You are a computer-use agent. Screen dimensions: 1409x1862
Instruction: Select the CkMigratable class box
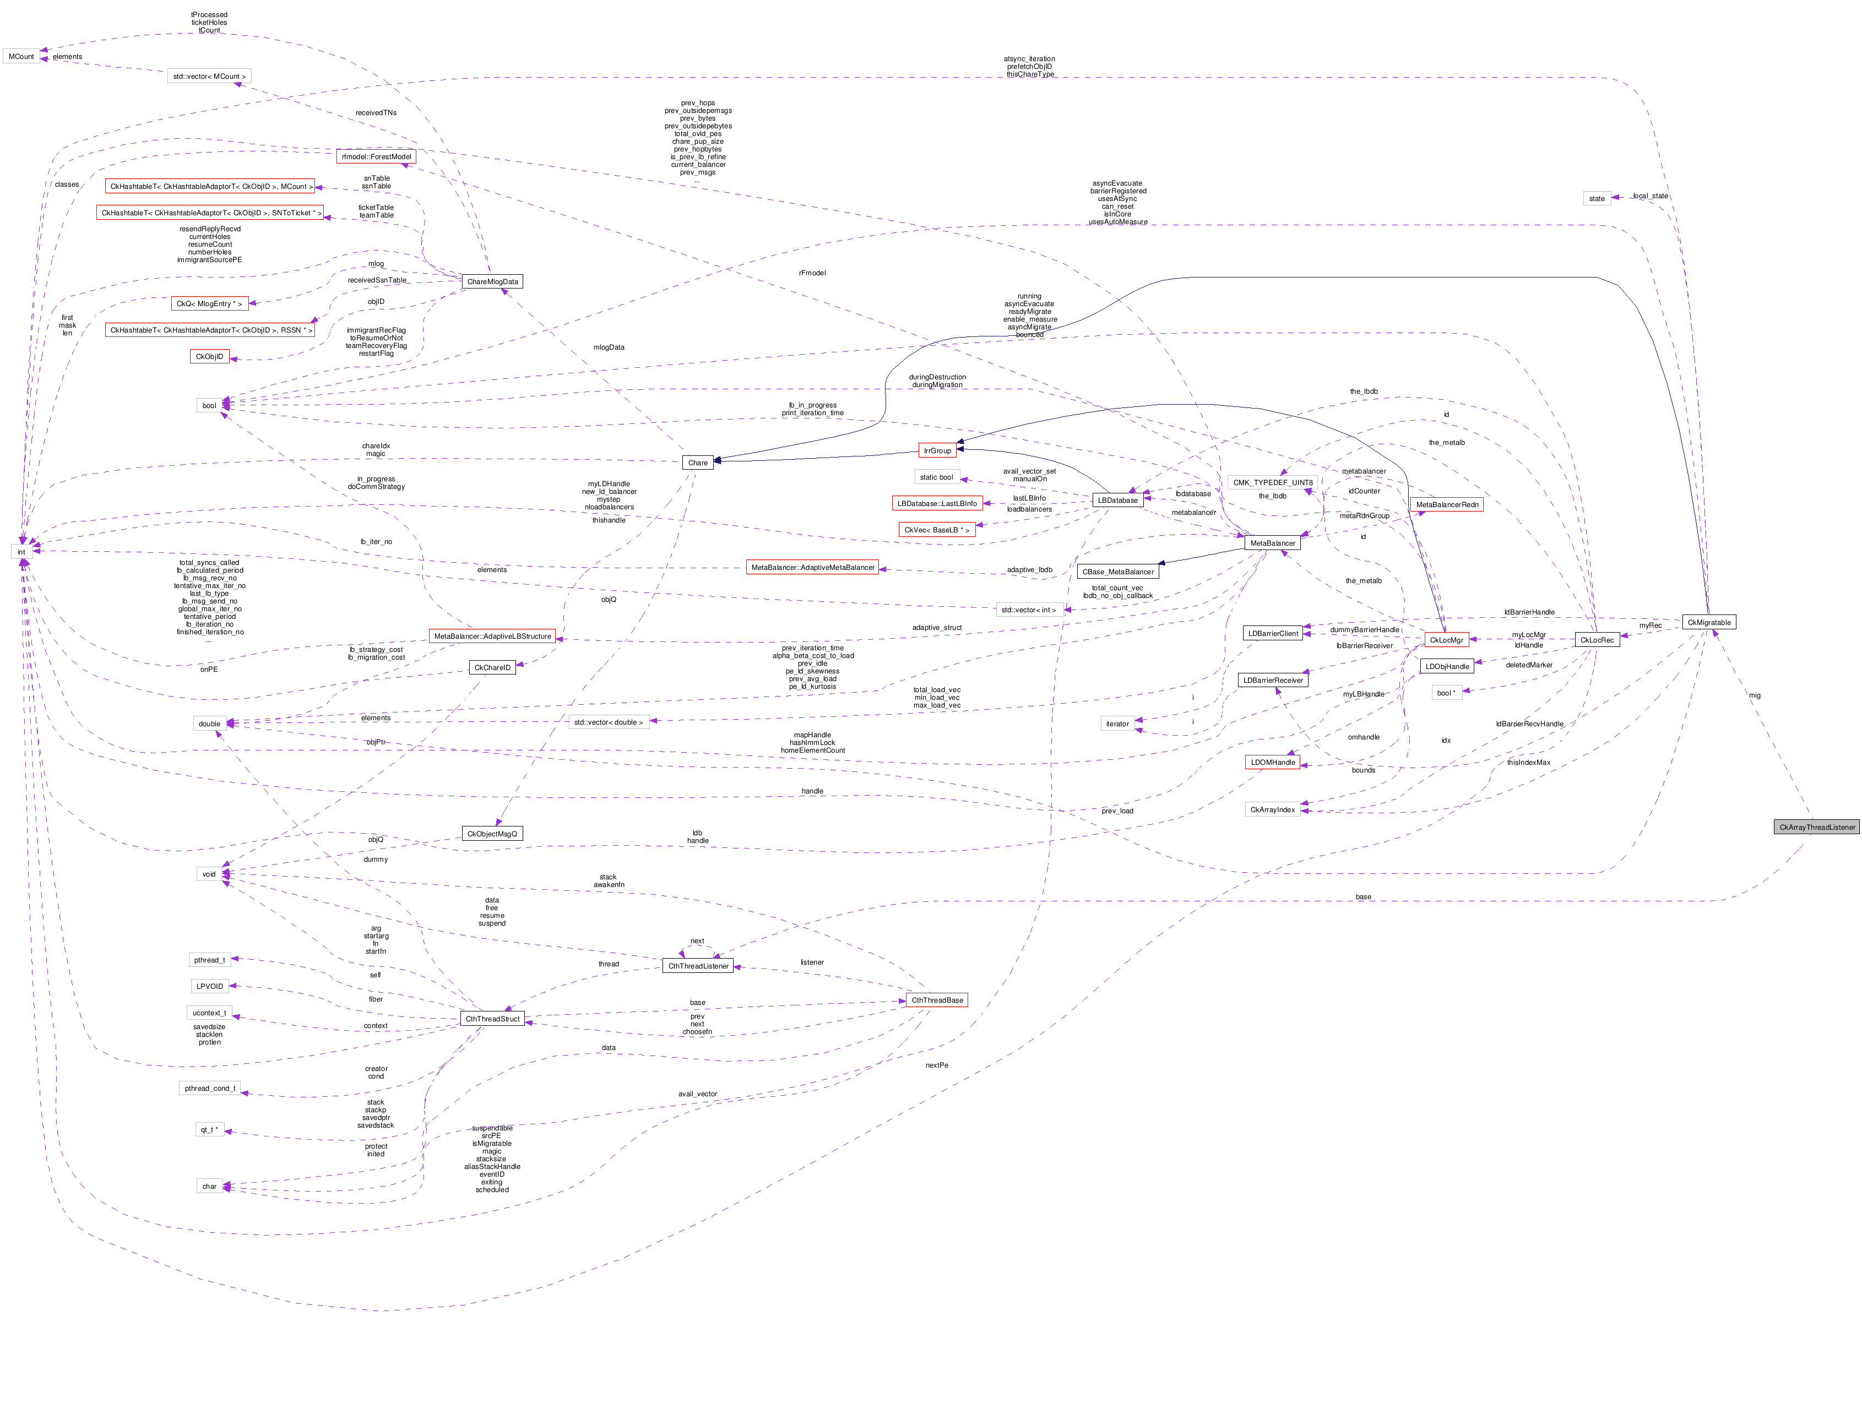(1709, 622)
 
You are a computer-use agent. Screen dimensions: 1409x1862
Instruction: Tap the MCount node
(21, 56)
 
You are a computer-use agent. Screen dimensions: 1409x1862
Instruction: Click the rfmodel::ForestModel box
(376, 156)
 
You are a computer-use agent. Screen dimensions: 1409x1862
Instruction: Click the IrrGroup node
(937, 450)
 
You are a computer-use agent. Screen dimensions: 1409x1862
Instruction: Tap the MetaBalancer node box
(1272, 543)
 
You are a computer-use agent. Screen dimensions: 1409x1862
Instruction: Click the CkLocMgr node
(1446, 640)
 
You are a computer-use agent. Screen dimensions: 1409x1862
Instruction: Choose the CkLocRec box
(1597, 640)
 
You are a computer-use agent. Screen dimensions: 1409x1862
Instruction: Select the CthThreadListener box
(698, 965)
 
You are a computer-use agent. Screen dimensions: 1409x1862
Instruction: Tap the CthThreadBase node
(937, 1000)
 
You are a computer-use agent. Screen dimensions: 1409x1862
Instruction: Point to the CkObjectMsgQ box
(492, 833)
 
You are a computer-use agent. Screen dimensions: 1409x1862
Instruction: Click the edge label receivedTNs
(376, 113)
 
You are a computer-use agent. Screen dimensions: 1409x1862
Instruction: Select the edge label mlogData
(609, 347)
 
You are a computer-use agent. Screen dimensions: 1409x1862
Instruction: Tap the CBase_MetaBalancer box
(1118, 572)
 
